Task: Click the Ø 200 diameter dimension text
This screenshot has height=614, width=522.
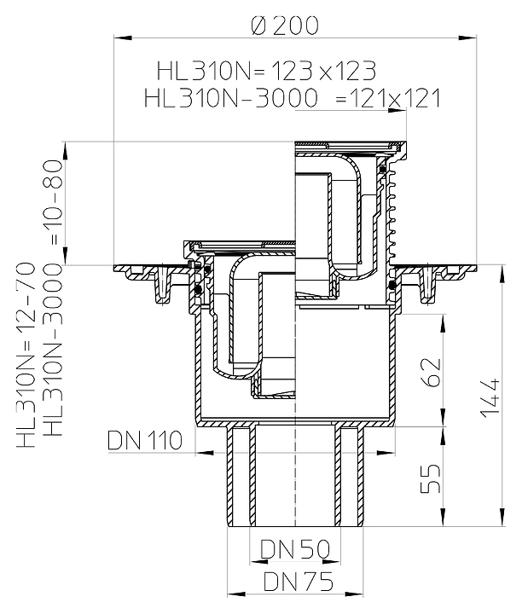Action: (285, 26)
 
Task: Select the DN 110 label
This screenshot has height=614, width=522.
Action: (145, 441)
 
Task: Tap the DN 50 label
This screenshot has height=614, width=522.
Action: (295, 549)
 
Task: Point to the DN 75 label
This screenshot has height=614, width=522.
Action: (299, 582)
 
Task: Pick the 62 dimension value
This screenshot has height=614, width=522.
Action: (431, 372)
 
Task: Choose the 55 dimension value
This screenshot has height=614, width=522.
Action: (431, 478)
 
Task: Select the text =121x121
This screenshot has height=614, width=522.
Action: (388, 98)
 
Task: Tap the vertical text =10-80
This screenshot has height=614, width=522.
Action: (53, 202)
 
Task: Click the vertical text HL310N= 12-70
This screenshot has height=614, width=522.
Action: (26, 355)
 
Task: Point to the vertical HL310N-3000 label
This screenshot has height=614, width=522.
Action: (53, 350)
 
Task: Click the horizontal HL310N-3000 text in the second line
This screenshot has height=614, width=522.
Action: (231, 98)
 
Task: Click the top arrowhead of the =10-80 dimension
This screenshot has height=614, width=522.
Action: (65, 150)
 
